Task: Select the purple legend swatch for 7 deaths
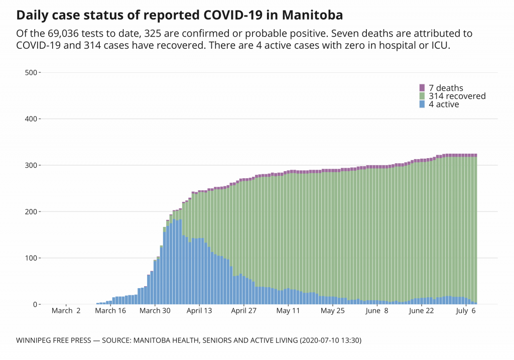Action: [x=422, y=88]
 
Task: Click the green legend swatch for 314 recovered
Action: [x=422, y=96]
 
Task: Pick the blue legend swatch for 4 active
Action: [x=422, y=104]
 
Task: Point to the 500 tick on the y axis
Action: [x=31, y=72]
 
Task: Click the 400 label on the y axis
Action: [x=31, y=119]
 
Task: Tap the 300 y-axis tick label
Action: [x=31, y=165]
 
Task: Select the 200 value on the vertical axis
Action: [x=31, y=212]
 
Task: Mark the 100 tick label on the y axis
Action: [x=31, y=258]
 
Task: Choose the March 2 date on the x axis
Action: [x=66, y=311]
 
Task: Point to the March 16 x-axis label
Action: [x=110, y=311]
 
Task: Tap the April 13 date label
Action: [x=199, y=311]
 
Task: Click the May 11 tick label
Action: [x=288, y=311]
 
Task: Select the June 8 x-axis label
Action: [x=377, y=311]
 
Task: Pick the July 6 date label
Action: [x=466, y=311]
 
